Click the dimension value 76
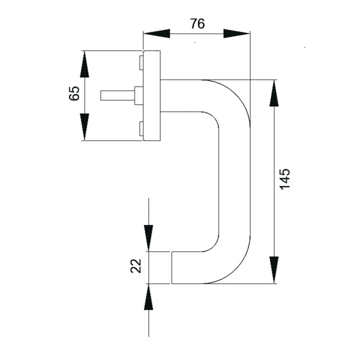[x=197, y=24]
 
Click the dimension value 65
[x=74, y=94]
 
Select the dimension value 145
[x=285, y=179]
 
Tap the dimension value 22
[x=135, y=265]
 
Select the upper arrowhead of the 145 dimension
[x=274, y=92]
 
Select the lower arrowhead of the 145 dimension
[x=274, y=269]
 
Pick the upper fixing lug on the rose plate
[x=140, y=62]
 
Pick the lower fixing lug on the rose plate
[x=140, y=128]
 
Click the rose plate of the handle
[x=152, y=95]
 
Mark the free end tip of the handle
[x=173, y=268]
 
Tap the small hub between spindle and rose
[x=139, y=95]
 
